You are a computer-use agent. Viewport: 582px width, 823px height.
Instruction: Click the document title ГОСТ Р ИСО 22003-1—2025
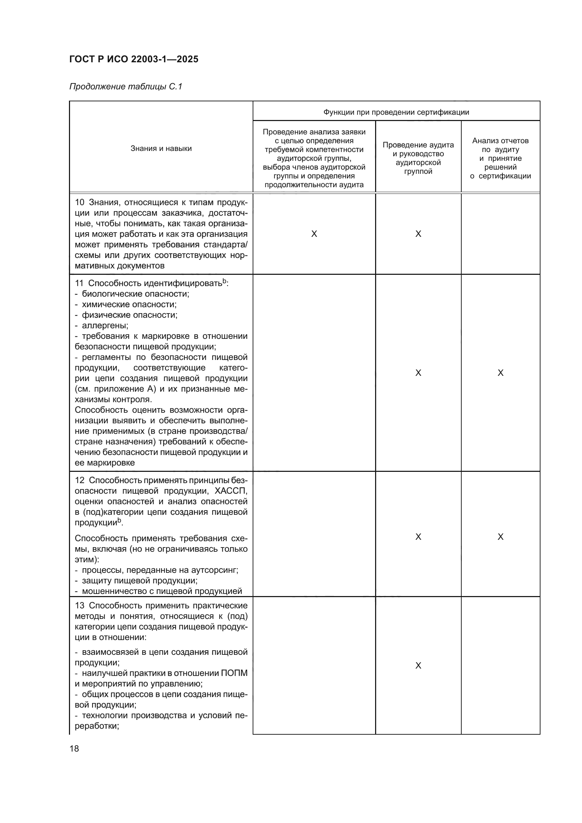coord(134,59)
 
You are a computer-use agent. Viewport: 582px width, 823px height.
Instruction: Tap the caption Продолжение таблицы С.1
coord(126,87)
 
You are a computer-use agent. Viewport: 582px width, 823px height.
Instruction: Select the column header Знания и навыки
coord(161,148)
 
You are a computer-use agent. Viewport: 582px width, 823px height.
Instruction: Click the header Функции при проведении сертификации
coord(396,112)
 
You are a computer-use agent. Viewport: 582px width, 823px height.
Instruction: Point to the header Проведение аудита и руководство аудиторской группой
coord(418,158)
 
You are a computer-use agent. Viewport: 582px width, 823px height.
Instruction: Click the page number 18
coord(74,748)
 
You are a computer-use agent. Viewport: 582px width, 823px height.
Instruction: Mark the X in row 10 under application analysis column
coord(314,234)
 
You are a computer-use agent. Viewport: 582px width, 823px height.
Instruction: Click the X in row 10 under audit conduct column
coord(418,234)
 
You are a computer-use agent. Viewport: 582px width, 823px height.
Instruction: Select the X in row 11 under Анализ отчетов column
coord(500,373)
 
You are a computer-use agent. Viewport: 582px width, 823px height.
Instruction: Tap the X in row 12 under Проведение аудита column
coord(418,537)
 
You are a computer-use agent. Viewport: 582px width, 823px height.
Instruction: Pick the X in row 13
coord(418,666)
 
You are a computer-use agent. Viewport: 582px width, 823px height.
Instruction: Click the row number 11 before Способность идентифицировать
coord(79,284)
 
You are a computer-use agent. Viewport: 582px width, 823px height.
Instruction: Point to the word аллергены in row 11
coord(105,326)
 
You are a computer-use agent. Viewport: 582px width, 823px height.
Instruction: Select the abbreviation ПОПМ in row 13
coord(234,673)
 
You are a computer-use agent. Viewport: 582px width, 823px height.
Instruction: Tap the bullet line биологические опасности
coord(135,294)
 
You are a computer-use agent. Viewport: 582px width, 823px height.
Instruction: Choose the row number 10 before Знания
coord(79,203)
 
